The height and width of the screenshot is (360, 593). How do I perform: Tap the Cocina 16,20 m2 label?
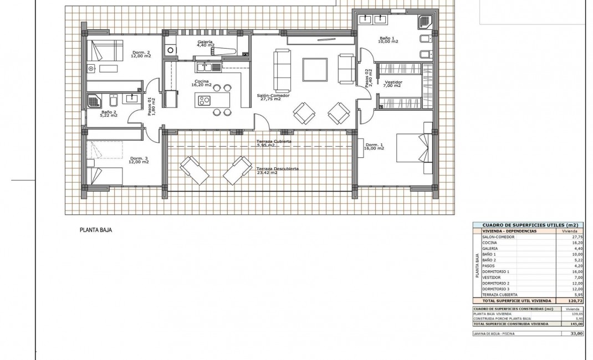click(x=201, y=83)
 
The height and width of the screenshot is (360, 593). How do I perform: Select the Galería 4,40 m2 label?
click(x=206, y=44)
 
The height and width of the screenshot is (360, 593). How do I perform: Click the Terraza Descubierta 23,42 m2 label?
click(x=278, y=170)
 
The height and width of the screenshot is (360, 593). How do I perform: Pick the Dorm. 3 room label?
click(x=139, y=161)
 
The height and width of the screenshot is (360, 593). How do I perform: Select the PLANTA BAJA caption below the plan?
click(x=96, y=229)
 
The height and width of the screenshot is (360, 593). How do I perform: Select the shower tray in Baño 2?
click(x=94, y=101)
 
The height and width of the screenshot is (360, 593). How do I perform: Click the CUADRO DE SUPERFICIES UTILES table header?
click(x=527, y=225)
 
